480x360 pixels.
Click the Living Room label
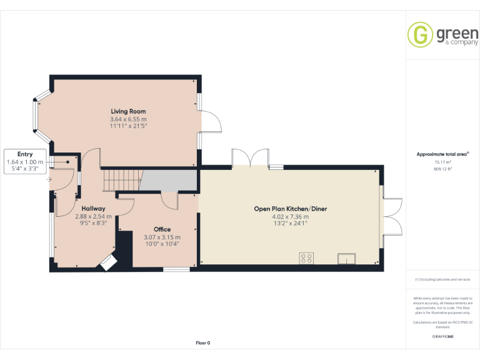pos(128,111)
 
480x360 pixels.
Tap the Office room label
pos(162,229)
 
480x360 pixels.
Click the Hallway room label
pos(93,209)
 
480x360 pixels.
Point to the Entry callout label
pos(25,154)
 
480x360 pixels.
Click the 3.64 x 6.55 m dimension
pos(128,119)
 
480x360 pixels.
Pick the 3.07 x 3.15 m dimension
pos(162,237)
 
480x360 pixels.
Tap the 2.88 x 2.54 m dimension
pos(93,216)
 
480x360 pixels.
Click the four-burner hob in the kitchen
pos(307,257)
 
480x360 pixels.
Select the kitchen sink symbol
pos(346,258)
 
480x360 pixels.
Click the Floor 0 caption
pos(203,342)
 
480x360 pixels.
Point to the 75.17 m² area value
pos(443,162)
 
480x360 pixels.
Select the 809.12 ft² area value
pos(443,168)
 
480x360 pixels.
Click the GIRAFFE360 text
pos(442,337)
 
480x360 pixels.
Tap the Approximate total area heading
pos(442,154)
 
